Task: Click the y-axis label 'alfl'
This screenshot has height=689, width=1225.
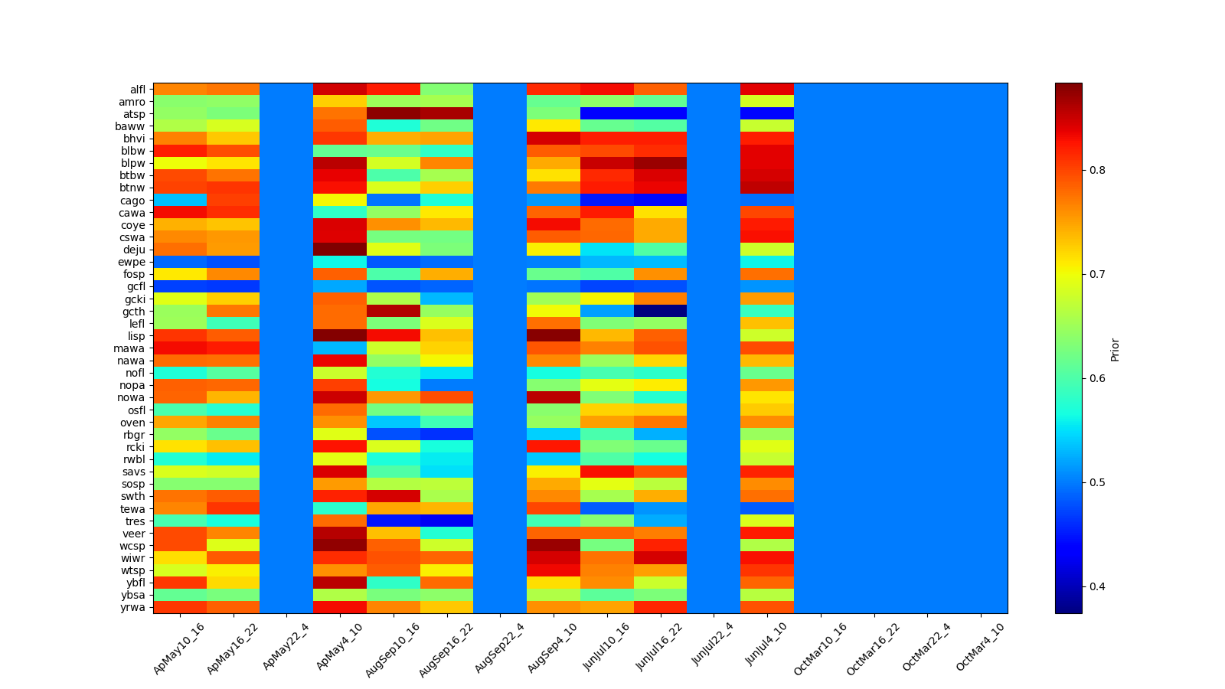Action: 137,90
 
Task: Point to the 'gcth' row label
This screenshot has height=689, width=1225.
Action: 135,312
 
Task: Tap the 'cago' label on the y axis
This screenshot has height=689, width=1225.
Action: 134,201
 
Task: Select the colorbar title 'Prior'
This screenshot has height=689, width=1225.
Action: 1115,349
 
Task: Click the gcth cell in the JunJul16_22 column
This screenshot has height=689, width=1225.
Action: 660,311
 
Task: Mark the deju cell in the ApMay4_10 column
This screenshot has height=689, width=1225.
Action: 340,250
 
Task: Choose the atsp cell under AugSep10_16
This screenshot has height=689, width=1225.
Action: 394,114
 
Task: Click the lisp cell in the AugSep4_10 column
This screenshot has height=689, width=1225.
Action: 554,335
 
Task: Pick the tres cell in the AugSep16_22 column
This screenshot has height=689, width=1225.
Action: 446,521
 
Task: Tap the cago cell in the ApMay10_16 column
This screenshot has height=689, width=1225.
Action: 180,201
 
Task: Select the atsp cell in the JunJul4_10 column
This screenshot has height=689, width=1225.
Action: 767,114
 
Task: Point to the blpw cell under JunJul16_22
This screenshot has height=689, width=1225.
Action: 660,163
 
